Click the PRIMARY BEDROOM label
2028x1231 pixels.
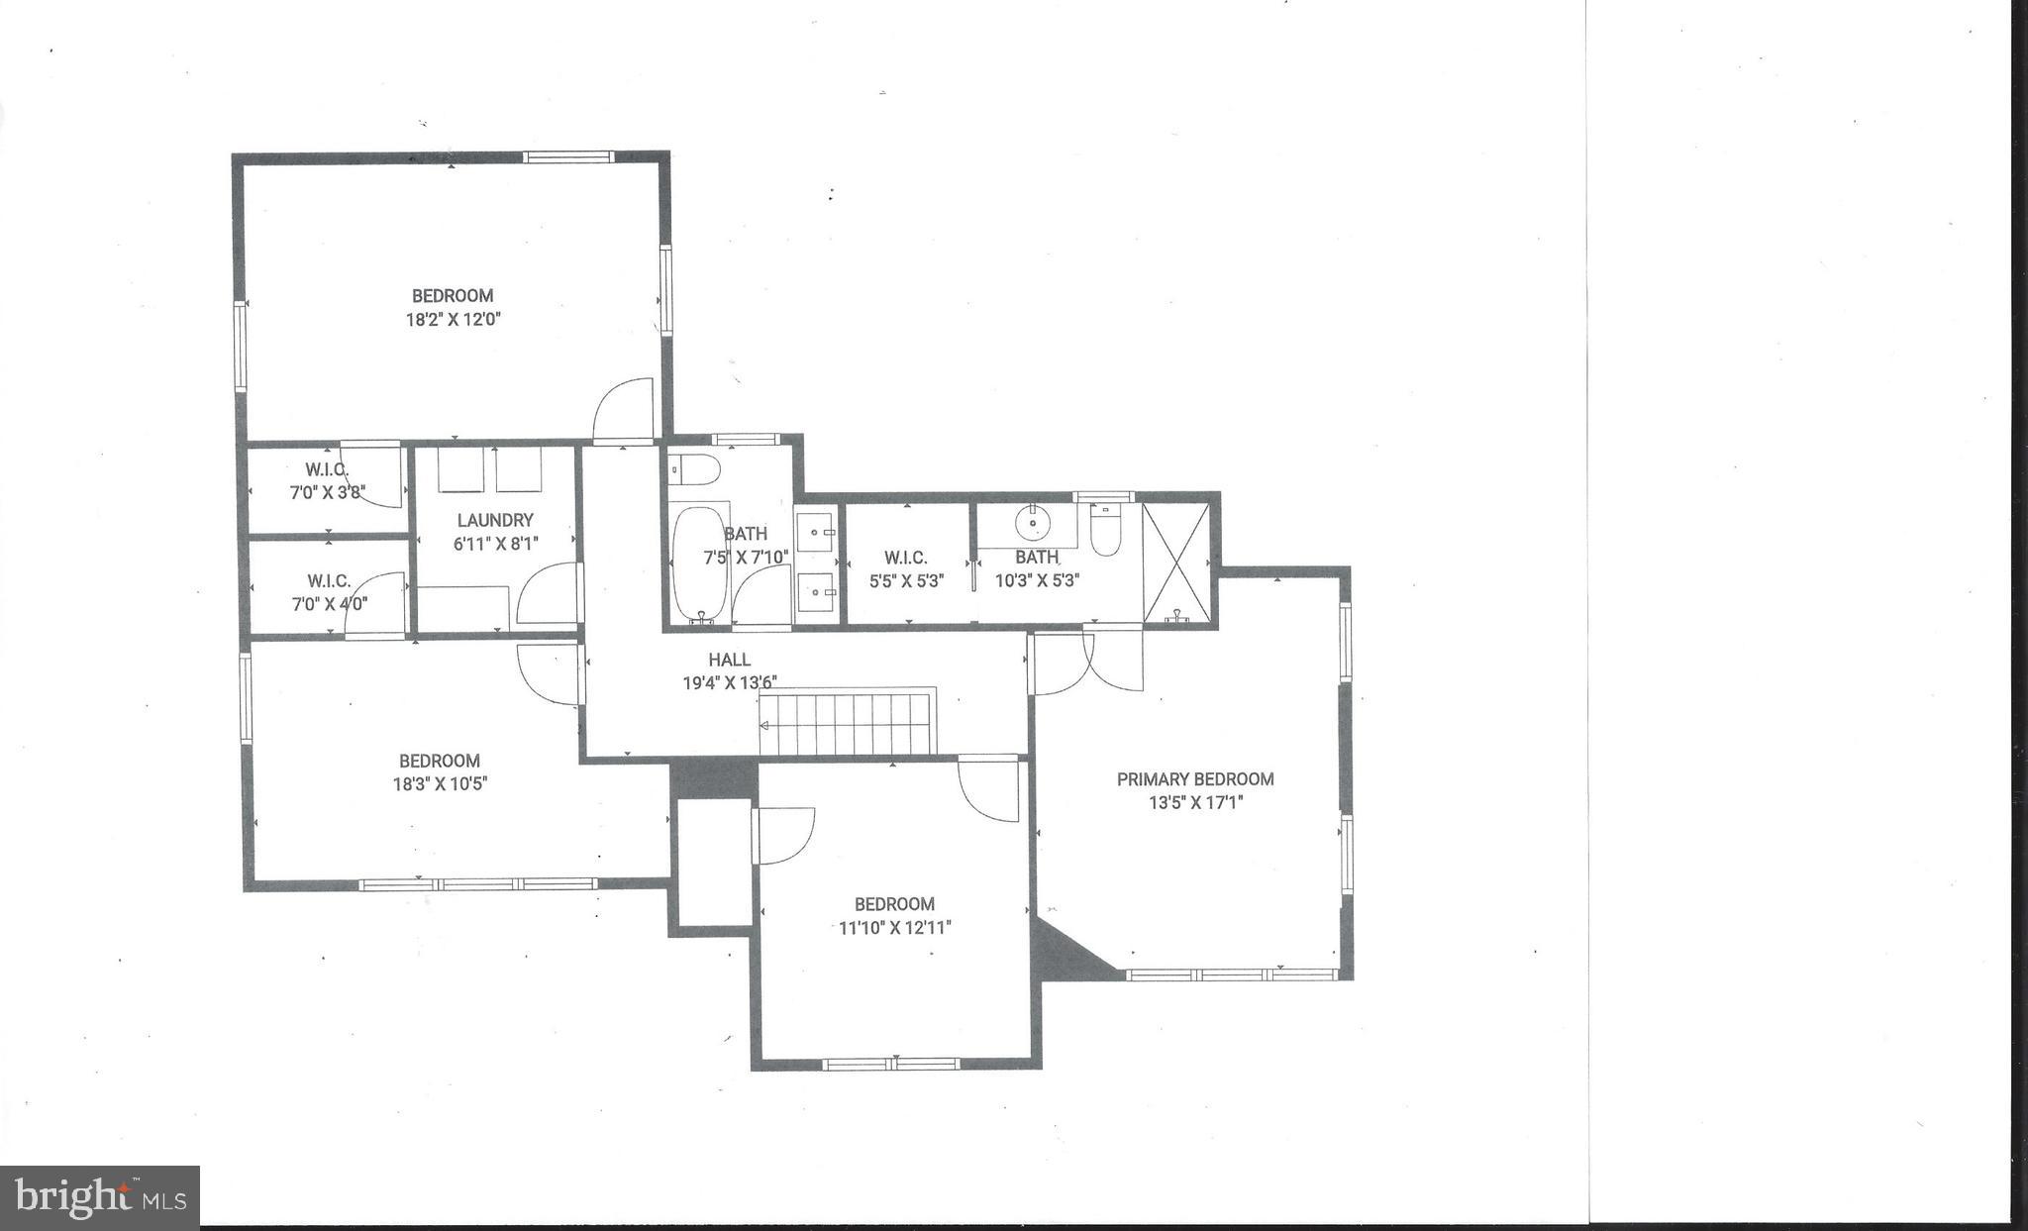tap(1195, 779)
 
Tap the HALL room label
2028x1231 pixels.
tap(729, 660)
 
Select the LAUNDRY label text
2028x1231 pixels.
tap(495, 520)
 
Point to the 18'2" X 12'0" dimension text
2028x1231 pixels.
tap(452, 320)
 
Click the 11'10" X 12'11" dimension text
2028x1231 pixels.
tap(894, 928)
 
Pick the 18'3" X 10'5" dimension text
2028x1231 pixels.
tap(440, 784)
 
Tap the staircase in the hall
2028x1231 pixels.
tap(847, 723)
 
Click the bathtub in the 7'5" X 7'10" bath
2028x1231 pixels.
tap(699, 563)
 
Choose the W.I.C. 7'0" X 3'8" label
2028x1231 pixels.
tap(327, 480)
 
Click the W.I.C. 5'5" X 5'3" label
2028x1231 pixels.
tap(906, 570)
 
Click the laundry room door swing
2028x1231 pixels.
tap(548, 594)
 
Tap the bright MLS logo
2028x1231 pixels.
tap(100, 1197)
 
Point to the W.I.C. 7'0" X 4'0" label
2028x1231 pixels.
tap(329, 592)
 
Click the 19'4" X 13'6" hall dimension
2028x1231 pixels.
tap(730, 682)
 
